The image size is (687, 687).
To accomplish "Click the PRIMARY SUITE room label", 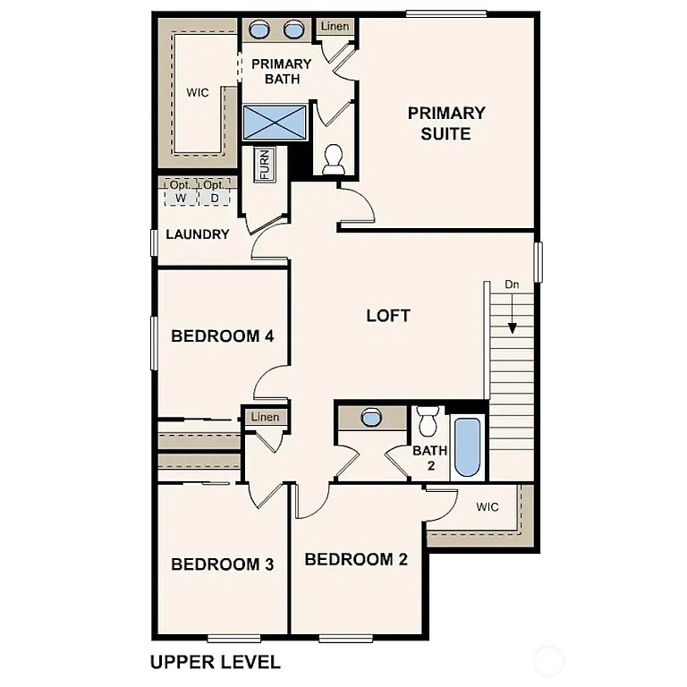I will click(446, 123).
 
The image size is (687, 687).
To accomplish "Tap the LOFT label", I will click(388, 315).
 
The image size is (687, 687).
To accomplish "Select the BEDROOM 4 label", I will click(222, 336).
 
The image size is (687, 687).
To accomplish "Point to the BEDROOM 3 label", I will click(222, 564).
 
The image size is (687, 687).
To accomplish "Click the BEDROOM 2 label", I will click(356, 559).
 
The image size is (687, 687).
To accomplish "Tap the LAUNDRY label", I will click(197, 234).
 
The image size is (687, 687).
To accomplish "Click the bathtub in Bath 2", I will click(467, 446).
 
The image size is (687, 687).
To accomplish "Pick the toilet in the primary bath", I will click(334, 159).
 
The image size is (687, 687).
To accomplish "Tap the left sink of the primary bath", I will click(259, 30).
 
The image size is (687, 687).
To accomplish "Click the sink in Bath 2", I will click(370, 417).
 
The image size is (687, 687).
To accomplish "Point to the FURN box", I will click(266, 165).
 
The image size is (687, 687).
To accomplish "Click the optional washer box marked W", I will click(181, 191).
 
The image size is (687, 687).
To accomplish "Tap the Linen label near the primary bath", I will click(335, 27).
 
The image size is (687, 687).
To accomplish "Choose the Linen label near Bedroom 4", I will click(265, 417).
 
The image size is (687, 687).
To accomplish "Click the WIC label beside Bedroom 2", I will click(487, 507).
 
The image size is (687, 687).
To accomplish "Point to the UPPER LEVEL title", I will click(215, 662).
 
